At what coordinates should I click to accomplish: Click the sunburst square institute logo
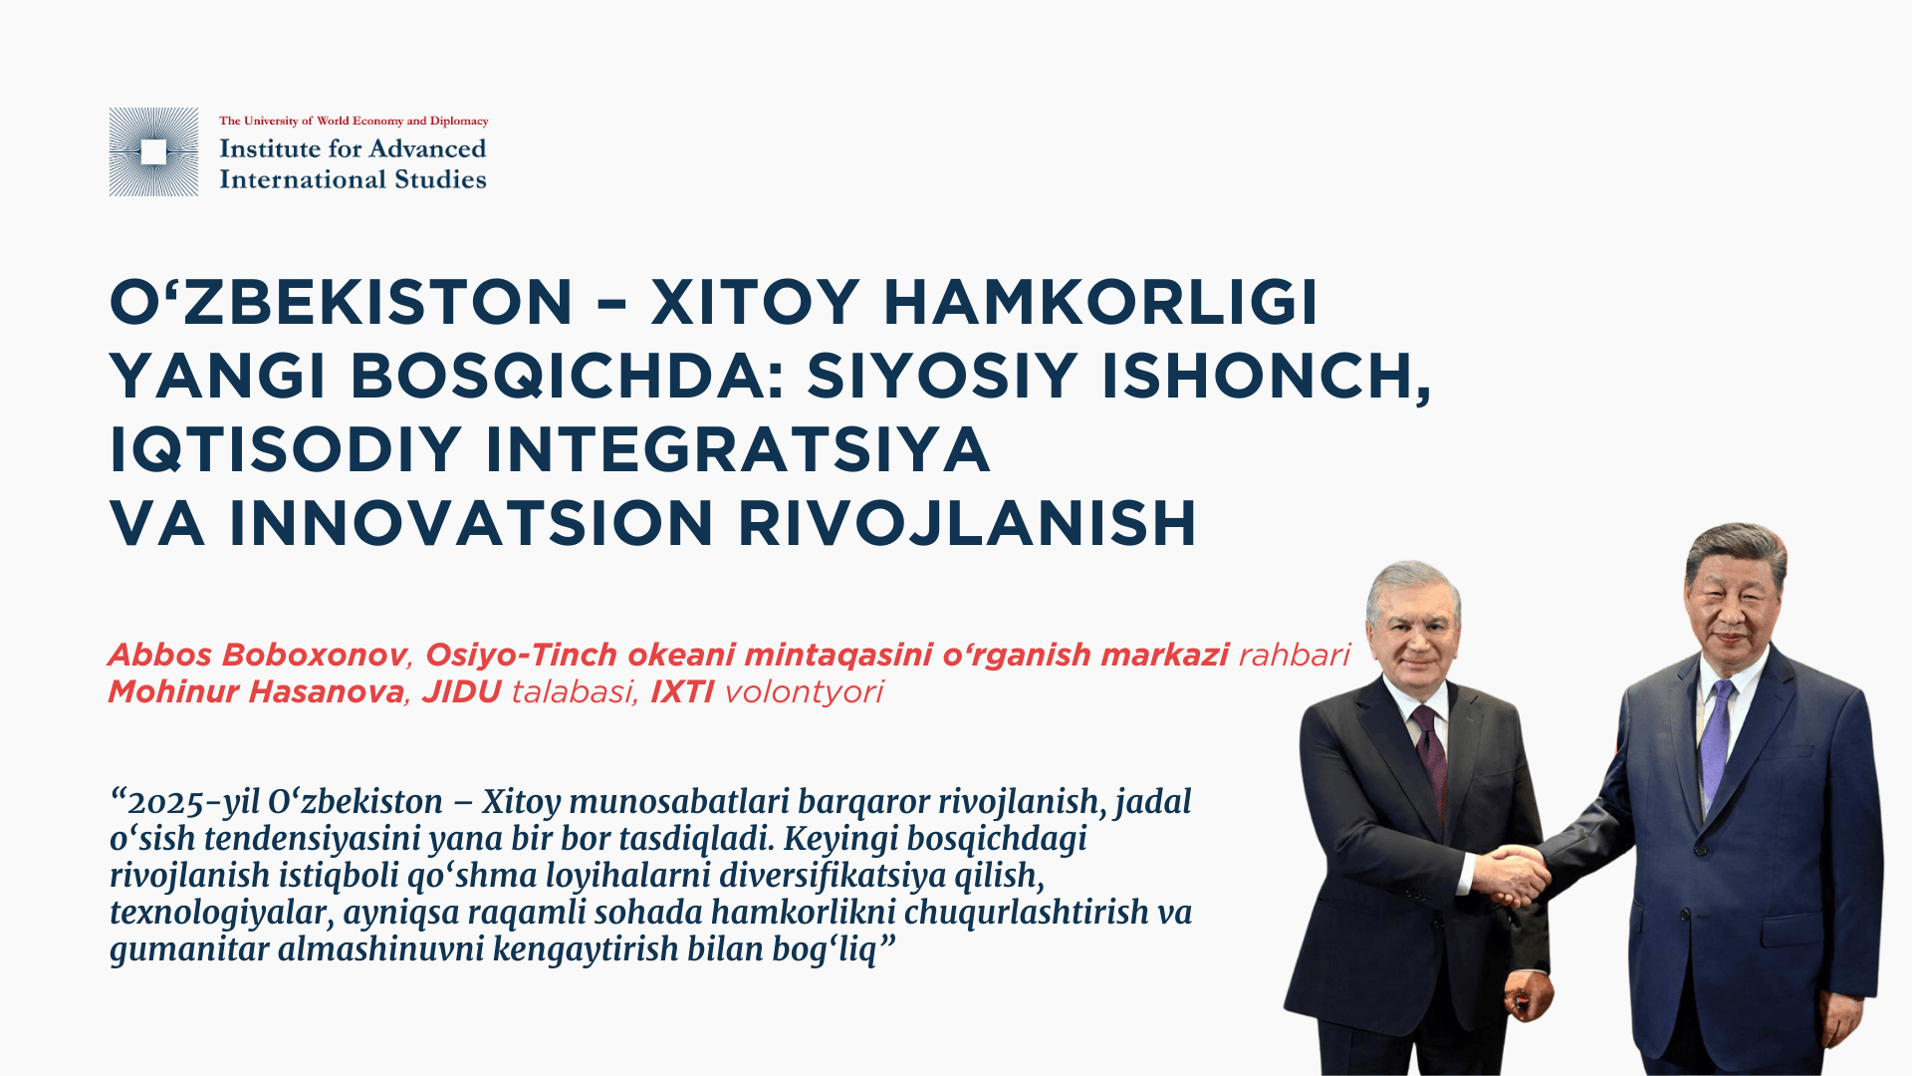pos(153,151)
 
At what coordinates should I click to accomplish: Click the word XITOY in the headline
pos(756,302)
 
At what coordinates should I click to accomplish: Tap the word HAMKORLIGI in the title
pos(1100,302)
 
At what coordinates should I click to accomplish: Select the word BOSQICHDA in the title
pos(568,377)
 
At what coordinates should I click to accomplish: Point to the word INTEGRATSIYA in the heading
pos(737,450)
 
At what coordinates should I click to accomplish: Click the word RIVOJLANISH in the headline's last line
pos(967,524)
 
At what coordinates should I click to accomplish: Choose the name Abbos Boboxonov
pos(258,655)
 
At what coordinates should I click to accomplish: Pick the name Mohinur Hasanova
pos(256,691)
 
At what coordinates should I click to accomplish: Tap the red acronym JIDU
pos(461,691)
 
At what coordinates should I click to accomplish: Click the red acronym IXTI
pos(682,691)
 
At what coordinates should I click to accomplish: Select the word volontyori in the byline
pos(804,692)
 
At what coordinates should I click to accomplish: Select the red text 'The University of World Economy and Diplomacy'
pos(354,121)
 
